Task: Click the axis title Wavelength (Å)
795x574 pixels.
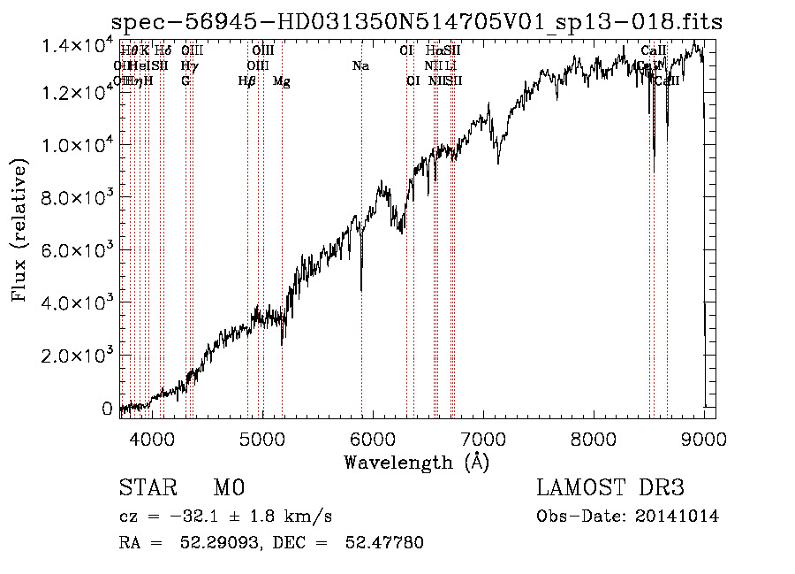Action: point(416,462)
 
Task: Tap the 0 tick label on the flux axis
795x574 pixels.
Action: point(108,409)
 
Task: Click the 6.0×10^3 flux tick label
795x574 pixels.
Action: point(79,250)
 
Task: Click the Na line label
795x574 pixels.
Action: point(360,66)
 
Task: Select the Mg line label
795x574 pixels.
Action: point(282,81)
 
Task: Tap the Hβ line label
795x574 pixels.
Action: point(247,81)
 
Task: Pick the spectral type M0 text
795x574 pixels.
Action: point(229,488)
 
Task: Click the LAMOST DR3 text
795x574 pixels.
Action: point(610,488)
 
